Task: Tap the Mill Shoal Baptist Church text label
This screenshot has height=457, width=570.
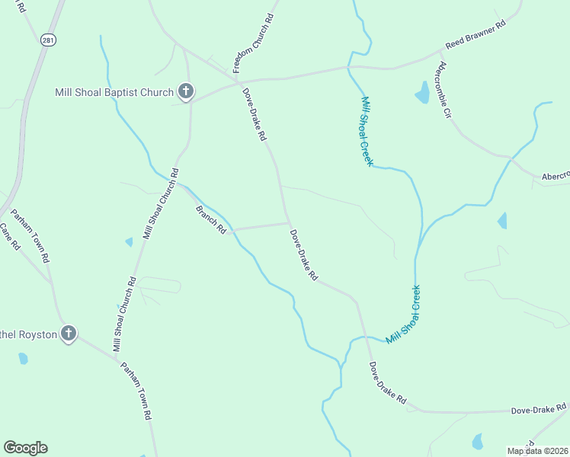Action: coord(114,93)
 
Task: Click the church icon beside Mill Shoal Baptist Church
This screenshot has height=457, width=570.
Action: coord(185,92)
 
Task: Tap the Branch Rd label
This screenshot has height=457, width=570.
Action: coord(211,219)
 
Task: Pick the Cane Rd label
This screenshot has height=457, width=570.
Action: coord(9,236)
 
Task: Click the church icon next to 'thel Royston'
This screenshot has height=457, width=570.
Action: coord(69,334)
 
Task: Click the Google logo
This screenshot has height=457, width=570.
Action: coord(25,448)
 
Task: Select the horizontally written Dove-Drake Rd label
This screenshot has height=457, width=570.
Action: coord(540,410)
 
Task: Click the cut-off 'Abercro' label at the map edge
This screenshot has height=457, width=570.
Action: coord(555,176)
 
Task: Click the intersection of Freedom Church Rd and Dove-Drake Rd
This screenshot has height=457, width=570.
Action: coord(237,79)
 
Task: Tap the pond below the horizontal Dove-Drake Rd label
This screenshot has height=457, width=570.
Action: coord(477,441)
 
